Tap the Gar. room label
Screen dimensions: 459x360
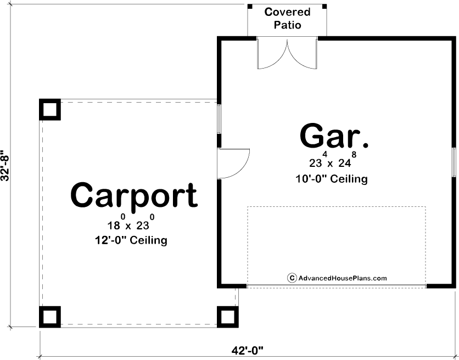coord(334,136)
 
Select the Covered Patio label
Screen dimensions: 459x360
coord(287,19)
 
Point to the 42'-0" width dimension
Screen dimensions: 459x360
coord(248,350)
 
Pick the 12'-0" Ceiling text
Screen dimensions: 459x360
coord(131,240)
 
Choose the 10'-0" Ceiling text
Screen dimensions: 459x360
coord(332,178)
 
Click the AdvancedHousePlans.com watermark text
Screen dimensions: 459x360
coord(343,278)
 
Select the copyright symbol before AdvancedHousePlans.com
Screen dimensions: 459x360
coord(292,278)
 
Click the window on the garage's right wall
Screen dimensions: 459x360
coord(454,162)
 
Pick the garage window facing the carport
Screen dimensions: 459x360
coord(219,119)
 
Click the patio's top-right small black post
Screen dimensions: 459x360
coord(324,7)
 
